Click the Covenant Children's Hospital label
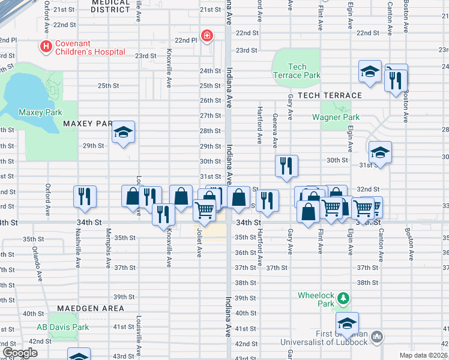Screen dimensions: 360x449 91,47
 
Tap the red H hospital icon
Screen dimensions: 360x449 44,46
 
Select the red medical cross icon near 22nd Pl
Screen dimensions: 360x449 207,37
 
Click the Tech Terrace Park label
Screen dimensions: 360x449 297,71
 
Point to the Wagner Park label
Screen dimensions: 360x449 336,117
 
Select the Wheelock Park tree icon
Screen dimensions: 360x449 343,298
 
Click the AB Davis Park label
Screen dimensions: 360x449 62,327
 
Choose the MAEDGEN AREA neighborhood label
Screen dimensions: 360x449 91,308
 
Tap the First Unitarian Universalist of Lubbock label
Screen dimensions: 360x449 324,338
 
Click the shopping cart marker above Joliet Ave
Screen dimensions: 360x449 205,210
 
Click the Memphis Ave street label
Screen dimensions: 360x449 109,252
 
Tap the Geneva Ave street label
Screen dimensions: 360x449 275,131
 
